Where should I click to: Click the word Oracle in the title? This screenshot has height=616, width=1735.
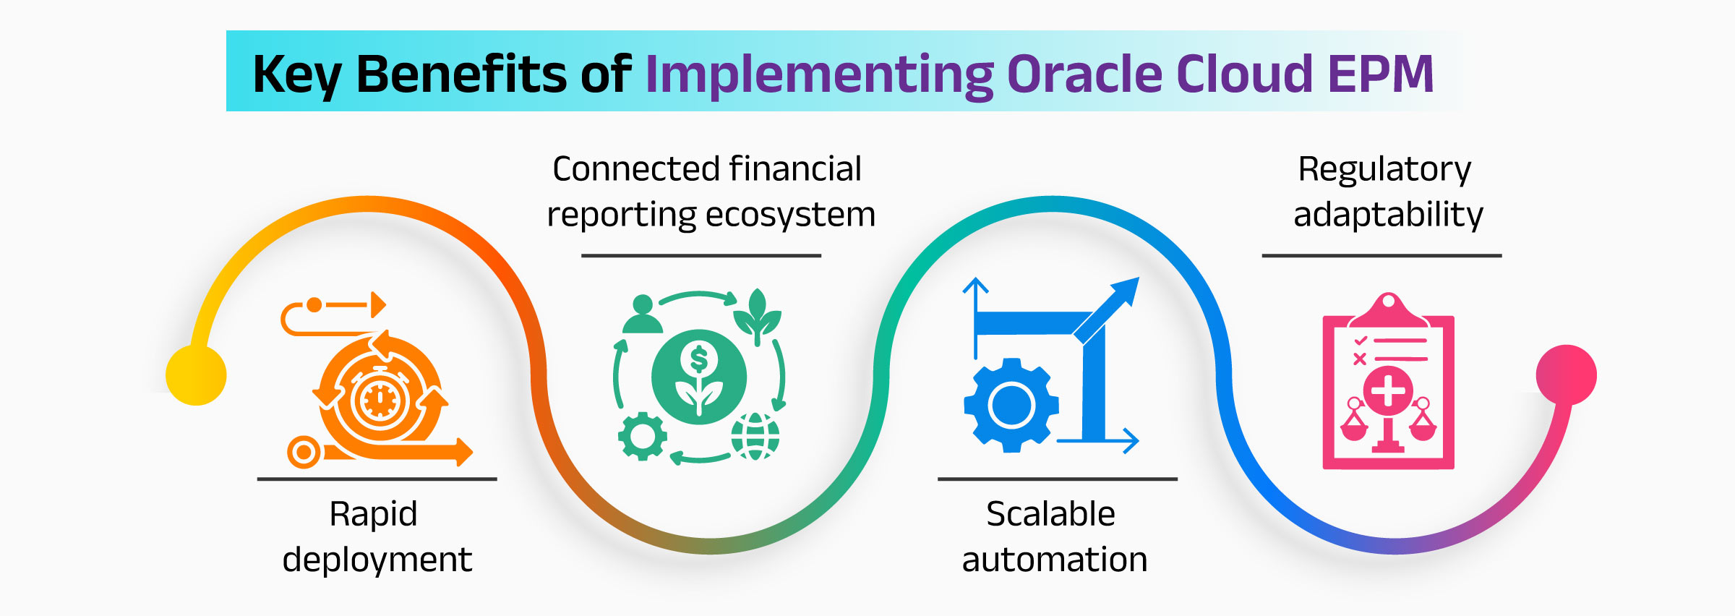pos(1084,74)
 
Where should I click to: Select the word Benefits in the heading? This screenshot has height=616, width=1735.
pos(462,74)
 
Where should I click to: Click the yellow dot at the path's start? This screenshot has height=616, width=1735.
pos(196,375)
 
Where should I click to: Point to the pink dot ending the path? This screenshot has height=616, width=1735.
pos(1566,375)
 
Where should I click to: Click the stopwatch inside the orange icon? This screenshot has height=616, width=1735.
pos(379,399)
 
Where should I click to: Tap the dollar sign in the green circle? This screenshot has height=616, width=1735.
pos(698,359)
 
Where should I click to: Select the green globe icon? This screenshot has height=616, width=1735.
pos(755,436)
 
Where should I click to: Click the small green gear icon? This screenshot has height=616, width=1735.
pos(642,436)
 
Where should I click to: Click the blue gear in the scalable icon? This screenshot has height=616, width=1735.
pos(1011,406)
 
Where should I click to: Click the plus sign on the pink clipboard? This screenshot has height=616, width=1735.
pos(1388,391)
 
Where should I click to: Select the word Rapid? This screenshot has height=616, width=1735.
pos(373,514)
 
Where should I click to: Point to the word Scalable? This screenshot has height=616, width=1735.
pos(1050,514)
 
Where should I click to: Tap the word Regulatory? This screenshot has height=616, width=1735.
pos(1384,170)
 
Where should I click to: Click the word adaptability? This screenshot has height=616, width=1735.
pos(1388,215)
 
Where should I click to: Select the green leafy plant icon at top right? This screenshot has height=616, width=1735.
pos(757,316)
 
